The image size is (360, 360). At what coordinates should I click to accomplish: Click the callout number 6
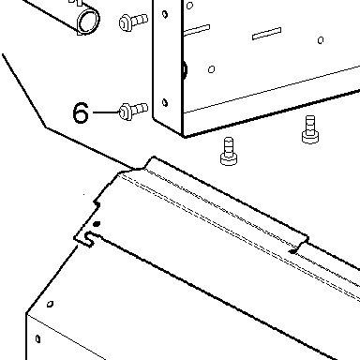(x=81, y=112)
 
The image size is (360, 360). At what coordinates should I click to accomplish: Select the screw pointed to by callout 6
(x=133, y=111)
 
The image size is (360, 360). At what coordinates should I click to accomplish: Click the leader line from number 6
(x=106, y=112)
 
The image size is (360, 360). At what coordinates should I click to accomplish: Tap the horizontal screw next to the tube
(x=133, y=22)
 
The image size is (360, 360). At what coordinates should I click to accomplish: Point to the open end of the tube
(x=88, y=21)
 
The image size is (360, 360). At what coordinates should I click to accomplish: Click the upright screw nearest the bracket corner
(x=229, y=151)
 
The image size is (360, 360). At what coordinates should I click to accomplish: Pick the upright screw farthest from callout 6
(x=310, y=129)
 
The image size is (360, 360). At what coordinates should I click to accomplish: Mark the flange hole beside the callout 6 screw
(x=165, y=102)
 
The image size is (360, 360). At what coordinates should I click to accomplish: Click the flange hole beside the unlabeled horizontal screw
(x=165, y=14)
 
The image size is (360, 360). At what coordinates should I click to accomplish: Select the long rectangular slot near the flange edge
(x=197, y=30)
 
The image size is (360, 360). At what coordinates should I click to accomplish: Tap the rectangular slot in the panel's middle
(x=266, y=34)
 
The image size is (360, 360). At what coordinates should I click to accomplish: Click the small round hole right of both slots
(x=321, y=40)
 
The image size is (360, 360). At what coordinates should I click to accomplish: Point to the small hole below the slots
(x=211, y=69)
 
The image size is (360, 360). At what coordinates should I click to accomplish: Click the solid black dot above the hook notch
(x=97, y=224)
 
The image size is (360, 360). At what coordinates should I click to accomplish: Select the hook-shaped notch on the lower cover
(x=89, y=239)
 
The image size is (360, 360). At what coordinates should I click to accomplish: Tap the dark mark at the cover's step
(x=293, y=251)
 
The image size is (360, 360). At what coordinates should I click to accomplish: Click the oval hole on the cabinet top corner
(x=50, y=304)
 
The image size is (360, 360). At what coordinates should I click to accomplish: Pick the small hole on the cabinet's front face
(x=37, y=338)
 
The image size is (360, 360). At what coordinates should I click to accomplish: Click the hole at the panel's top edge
(x=189, y=6)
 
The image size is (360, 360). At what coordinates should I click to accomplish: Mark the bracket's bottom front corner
(x=184, y=137)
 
